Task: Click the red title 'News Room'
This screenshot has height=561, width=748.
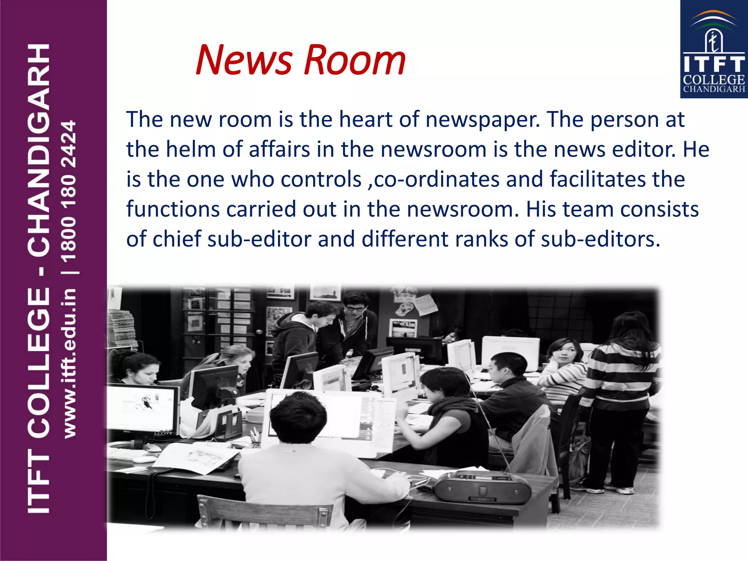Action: [x=300, y=60]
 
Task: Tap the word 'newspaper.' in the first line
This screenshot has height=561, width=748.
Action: [x=482, y=120]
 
